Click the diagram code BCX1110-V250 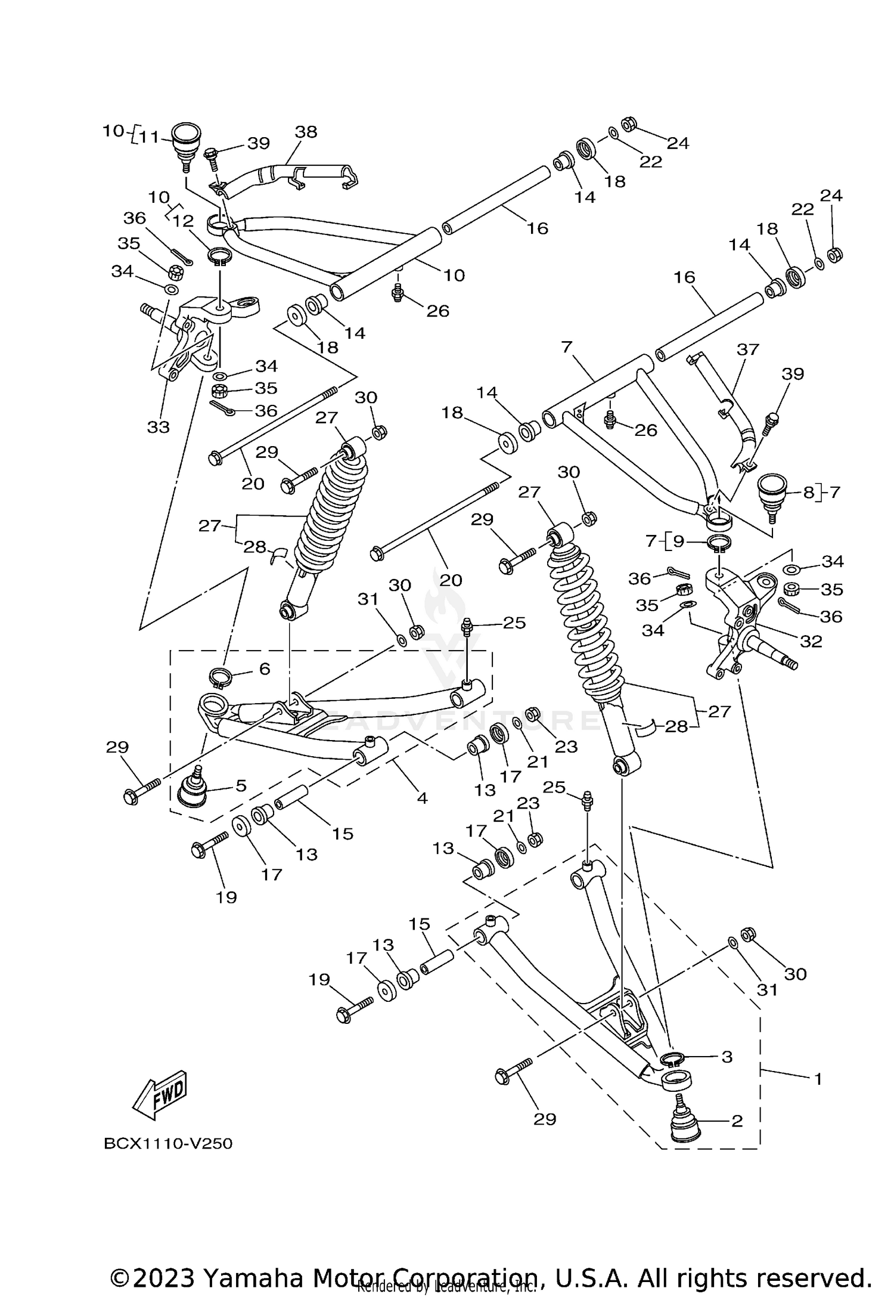[168, 1144]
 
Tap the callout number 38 [306, 132]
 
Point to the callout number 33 [159, 427]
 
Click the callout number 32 [811, 641]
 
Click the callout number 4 [422, 797]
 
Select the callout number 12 [183, 221]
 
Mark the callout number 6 [264, 668]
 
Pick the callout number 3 [727, 1057]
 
